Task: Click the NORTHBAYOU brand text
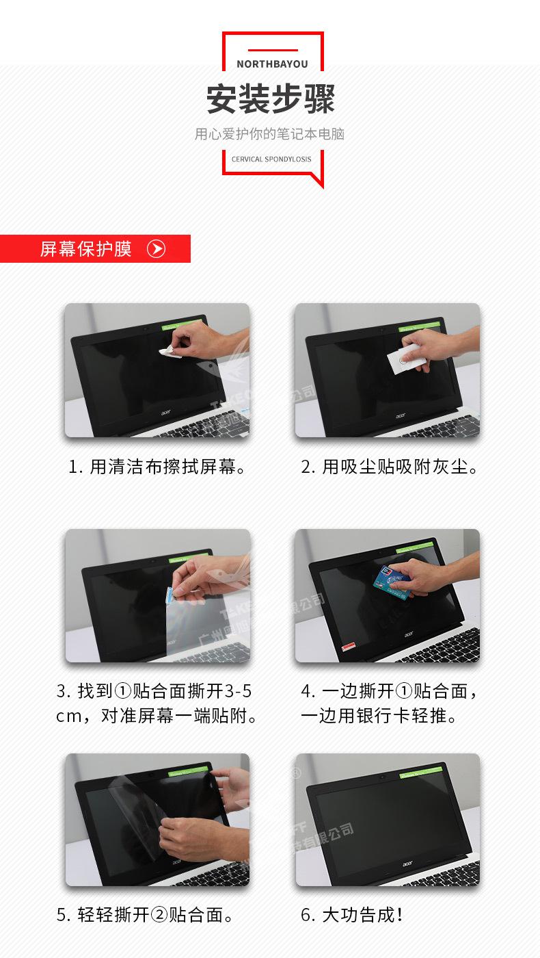(272, 64)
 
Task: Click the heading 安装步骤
(271, 99)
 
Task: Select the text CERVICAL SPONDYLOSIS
(271, 159)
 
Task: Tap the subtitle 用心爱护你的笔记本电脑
(269, 133)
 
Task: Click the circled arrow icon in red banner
(157, 248)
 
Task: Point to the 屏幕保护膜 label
(85, 248)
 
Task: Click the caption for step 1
(157, 467)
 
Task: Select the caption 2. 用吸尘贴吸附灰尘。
(390, 467)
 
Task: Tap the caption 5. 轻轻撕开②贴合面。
(147, 915)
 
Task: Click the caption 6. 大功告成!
(352, 915)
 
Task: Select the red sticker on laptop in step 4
(349, 645)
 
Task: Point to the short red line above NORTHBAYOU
(273, 50)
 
